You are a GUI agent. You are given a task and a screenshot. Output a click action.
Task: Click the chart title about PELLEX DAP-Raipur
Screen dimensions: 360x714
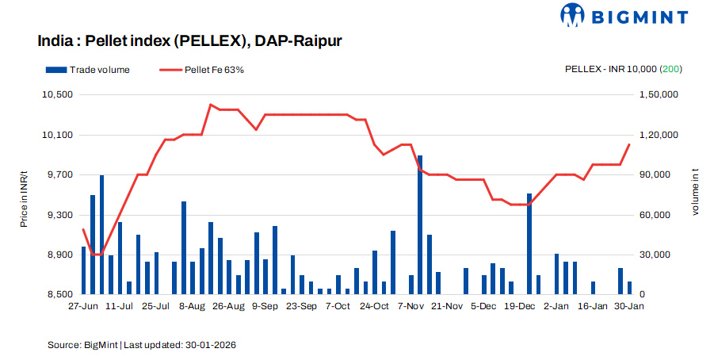189,40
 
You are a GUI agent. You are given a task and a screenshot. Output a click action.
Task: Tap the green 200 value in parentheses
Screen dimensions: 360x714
672,70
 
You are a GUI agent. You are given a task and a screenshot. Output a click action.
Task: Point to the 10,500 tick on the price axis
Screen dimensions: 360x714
57,94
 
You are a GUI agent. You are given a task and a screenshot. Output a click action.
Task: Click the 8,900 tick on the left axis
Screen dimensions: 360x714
59,255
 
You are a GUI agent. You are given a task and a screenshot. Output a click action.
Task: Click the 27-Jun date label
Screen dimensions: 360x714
83,306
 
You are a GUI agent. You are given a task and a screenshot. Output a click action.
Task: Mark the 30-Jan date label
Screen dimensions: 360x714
629,306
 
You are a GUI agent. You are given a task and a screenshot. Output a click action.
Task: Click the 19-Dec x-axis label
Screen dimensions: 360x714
520,306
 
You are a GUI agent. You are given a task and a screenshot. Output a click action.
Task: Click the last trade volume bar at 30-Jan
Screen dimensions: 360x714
630,288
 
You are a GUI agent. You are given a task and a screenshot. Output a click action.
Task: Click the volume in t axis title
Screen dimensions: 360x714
695,195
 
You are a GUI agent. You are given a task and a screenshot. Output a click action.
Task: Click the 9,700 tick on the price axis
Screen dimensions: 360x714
59,174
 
